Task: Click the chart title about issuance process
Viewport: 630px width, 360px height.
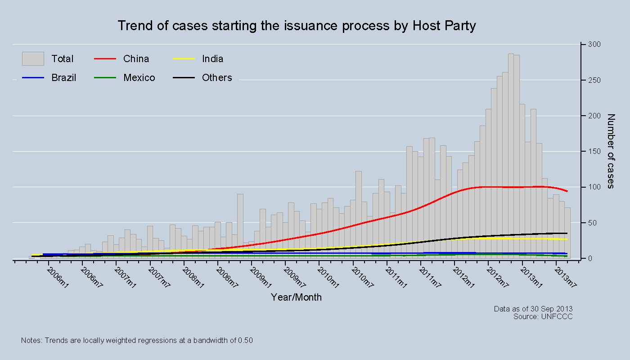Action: [x=297, y=26]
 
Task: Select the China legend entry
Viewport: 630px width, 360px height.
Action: [x=136, y=59]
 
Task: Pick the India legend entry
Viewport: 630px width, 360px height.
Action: [x=212, y=59]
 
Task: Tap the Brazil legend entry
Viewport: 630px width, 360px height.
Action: [x=63, y=78]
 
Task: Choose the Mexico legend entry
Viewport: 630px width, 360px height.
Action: [x=139, y=78]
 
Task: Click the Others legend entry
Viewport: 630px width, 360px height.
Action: [x=217, y=78]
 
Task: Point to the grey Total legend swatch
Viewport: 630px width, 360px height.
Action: [x=33, y=59]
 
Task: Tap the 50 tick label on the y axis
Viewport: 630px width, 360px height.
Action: [x=591, y=223]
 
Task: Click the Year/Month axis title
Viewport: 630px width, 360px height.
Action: [x=296, y=297]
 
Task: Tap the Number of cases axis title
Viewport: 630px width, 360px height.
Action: [x=611, y=151]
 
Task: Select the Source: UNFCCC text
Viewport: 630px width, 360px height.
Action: [x=543, y=316]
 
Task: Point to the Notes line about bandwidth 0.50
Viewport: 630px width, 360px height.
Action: [x=137, y=341]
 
